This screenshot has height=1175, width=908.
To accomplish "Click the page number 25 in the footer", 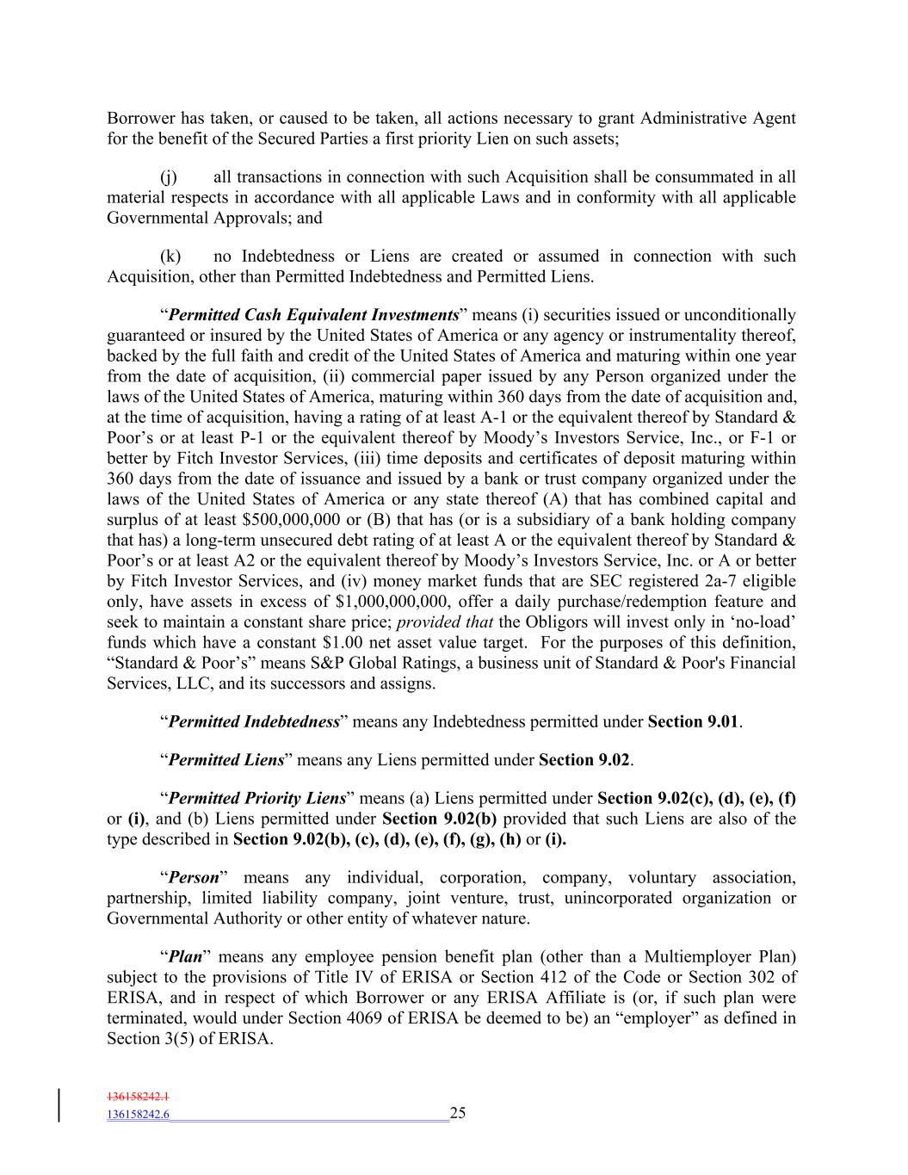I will (x=458, y=1113).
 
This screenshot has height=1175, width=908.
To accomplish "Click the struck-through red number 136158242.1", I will (x=138, y=1097).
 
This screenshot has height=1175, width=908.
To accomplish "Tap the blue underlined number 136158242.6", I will (x=138, y=1114).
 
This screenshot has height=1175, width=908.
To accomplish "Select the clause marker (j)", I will (x=169, y=177).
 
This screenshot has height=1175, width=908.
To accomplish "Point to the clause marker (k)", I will (x=170, y=257).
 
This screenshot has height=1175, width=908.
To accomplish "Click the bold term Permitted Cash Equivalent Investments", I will (x=313, y=315).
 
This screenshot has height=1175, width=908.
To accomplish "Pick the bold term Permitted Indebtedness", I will (x=254, y=721).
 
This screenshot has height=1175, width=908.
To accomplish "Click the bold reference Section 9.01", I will (x=693, y=721).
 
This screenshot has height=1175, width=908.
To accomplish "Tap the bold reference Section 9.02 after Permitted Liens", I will (x=584, y=760).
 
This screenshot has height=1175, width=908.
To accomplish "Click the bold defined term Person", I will (x=194, y=877).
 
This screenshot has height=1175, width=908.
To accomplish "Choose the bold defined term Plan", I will (x=185, y=956).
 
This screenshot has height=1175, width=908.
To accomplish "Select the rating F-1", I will (x=763, y=438).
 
